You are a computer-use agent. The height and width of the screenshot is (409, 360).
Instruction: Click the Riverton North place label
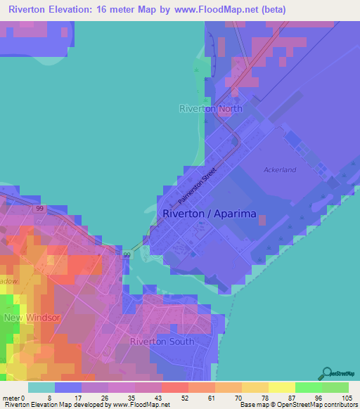point(210,109)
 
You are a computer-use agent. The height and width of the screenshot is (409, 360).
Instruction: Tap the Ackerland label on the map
point(279,170)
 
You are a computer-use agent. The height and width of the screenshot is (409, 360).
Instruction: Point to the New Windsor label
point(32,318)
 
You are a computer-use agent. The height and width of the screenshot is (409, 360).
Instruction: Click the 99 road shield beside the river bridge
point(127,254)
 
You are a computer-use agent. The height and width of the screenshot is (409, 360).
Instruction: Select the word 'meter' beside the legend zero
point(12,398)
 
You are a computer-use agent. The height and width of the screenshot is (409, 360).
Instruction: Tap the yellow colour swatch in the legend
point(282,387)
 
